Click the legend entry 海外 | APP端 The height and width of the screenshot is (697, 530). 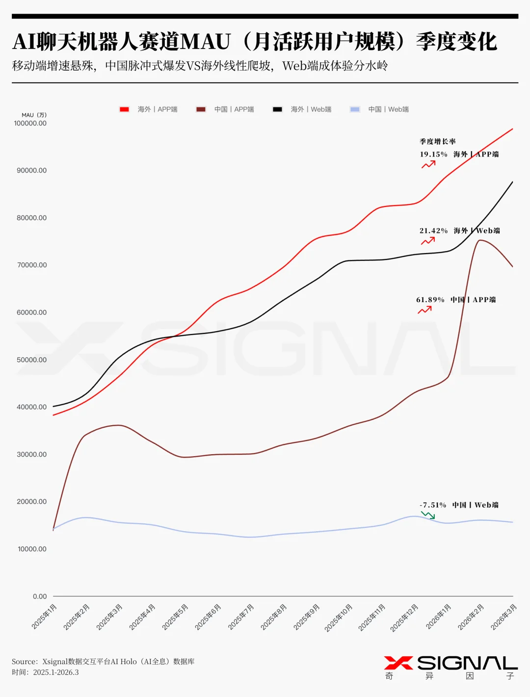click(x=148, y=109)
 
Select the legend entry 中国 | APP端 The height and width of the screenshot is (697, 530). click(x=225, y=109)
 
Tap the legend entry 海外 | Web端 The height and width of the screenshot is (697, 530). click(x=302, y=109)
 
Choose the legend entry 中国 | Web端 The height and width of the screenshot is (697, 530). click(x=379, y=109)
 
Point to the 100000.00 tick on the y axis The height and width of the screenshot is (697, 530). click(x=30, y=124)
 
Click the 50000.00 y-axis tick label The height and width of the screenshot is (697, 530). click(x=32, y=360)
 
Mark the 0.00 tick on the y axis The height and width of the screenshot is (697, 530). click(x=40, y=596)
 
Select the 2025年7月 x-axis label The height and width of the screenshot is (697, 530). click(x=241, y=617)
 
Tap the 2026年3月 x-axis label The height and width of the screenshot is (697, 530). click(x=504, y=617)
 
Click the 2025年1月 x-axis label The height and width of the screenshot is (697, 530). click(x=44, y=617)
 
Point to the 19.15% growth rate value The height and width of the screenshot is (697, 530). click(x=433, y=155)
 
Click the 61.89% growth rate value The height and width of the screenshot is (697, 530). click(x=430, y=300)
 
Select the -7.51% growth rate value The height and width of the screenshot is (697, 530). click(x=433, y=505)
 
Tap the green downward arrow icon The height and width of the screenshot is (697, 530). click(x=428, y=515)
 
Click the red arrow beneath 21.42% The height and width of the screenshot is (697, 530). click(x=428, y=241)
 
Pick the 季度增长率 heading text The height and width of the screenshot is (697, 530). click(x=437, y=142)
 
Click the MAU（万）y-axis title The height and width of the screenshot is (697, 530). click(x=34, y=115)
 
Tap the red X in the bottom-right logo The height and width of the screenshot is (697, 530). click(x=398, y=663)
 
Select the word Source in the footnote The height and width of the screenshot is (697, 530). click(x=25, y=662)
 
